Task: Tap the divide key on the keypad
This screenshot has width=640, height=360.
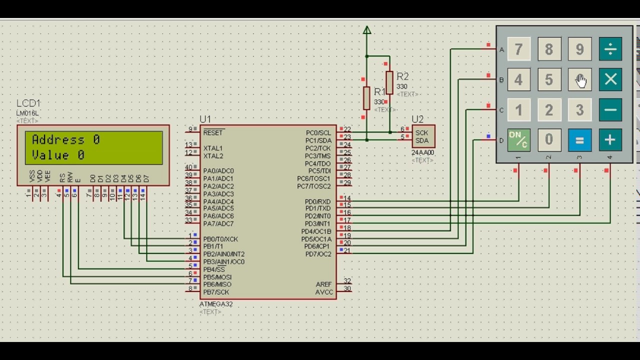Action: pyautogui.click(x=610, y=49)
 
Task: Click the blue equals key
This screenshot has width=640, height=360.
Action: pyautogui.click(x=579, y=140)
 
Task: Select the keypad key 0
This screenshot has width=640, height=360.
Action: pyautogui.click(x=549, y=140)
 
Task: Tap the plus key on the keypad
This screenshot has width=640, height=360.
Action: pyautogui.click(x=610, y=140)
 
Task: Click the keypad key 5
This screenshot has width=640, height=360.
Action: pyautogui.click(x=549, y=79)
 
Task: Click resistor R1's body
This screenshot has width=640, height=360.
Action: pyautogui.click(x=366, y=98)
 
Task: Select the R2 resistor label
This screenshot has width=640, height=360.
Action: pyautogui.click(x=402, y=76)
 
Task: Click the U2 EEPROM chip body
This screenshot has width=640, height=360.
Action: pyautogui.click(x=423, y=136)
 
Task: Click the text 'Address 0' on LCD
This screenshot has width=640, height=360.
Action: pyautogui.click(x=65, y=140)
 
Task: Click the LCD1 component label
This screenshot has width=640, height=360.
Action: pyautogui.click(x=28, y=103)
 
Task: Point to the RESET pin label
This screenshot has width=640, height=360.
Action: pyautogui.click(x=213, y=133)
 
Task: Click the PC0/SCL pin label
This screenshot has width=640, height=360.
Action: pyautogui.click(x=318, y=133)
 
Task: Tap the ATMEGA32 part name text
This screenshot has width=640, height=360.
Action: pyautogui.click(x=216, y=304)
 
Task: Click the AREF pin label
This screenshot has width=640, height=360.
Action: pyautogui.click(x=324, y=284)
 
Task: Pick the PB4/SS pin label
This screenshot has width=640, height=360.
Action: pyautogui.click(x=214, y=269)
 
